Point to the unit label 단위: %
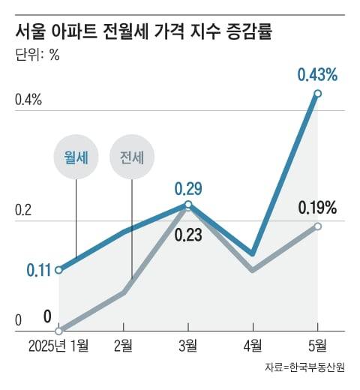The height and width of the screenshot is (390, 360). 37,56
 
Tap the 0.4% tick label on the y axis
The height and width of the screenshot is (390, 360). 28,100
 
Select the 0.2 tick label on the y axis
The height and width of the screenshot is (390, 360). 24,211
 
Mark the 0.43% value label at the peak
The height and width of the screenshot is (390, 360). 317,75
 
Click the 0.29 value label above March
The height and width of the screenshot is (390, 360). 187,187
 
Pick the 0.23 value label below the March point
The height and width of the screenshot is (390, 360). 187,234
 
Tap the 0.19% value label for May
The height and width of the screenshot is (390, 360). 317,208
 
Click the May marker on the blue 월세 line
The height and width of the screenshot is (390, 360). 318,93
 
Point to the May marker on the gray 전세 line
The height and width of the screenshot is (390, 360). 318,226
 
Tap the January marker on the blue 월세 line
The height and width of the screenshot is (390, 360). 59,269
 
